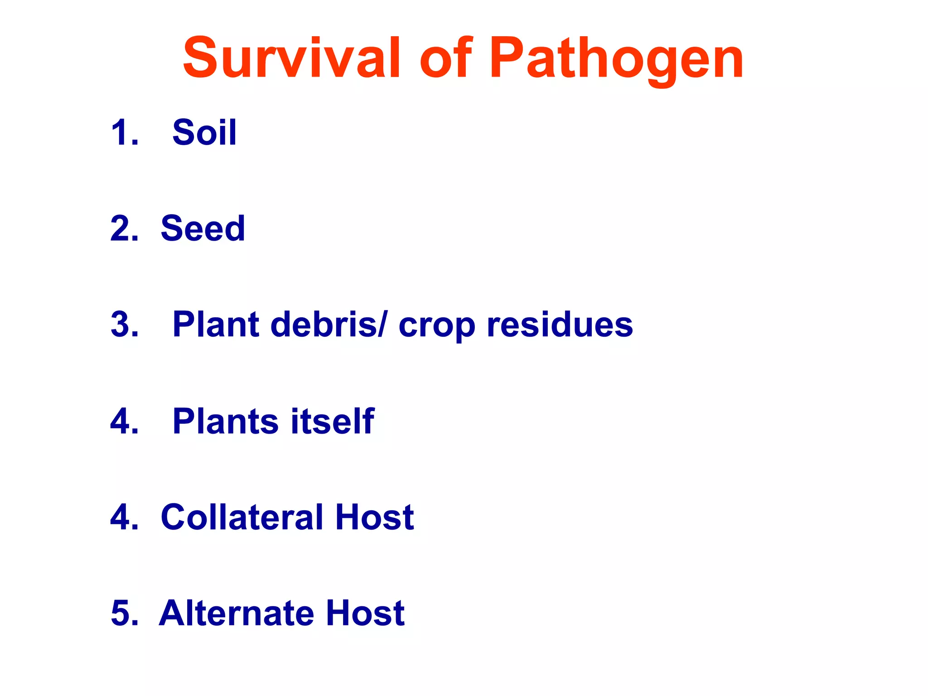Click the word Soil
pos(204,132)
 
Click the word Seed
pos(203,228)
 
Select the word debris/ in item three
pos(329,324)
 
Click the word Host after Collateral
pos(374,517)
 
